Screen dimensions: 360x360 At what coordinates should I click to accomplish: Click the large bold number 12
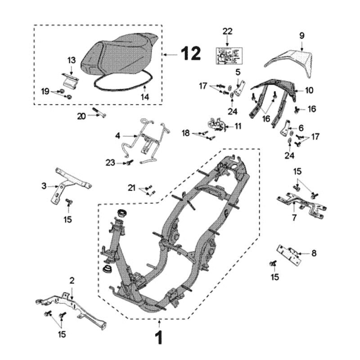[191, 54]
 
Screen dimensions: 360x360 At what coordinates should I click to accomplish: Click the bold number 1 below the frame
[159, 338]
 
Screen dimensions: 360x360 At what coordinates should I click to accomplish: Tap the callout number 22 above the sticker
[228, 31]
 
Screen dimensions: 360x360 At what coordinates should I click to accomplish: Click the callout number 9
[302, 35]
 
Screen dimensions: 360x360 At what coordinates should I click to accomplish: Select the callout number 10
[309, 90]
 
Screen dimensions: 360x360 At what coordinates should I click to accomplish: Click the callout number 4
[117, 135]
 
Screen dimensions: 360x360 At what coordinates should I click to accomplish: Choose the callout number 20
[81, 116]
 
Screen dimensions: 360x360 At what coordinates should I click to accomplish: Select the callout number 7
[294, 218]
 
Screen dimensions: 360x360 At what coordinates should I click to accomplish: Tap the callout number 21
[131, 187]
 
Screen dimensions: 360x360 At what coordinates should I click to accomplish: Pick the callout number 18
[185, 133]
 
